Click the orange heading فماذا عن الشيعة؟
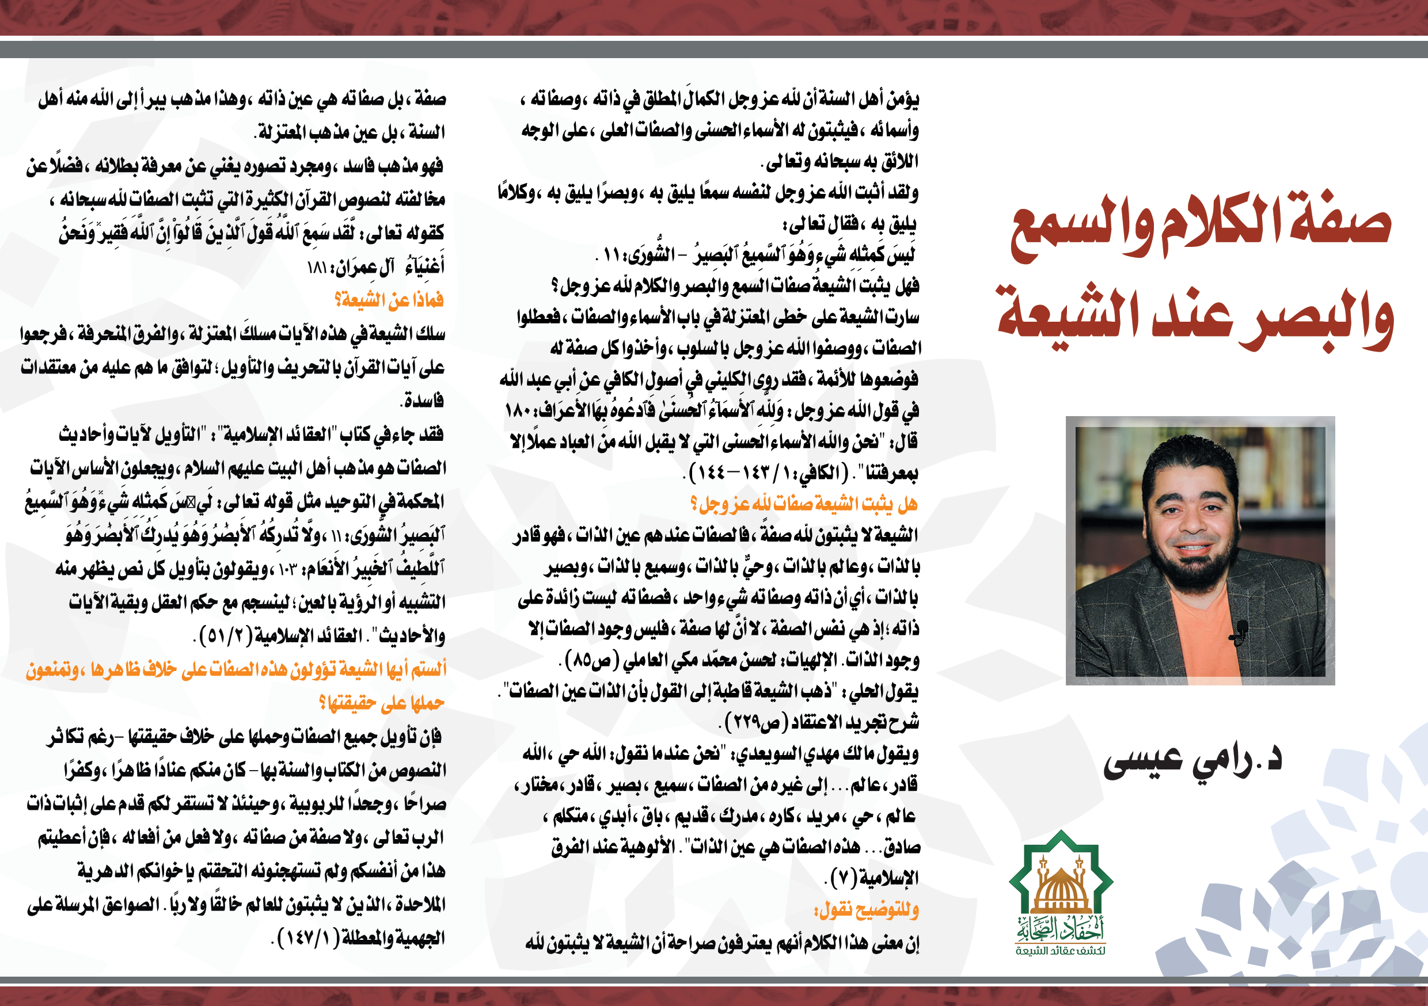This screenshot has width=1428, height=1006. pyautogui.click(x=389, y=300)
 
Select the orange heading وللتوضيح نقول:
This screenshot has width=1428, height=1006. pyautogui.click(x=867, y=910)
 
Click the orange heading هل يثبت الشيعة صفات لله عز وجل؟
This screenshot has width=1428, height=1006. pyautogui.click(x=804, y=504)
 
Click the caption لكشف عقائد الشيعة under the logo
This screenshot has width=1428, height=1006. pyautogui.click(x=1061, y=951)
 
